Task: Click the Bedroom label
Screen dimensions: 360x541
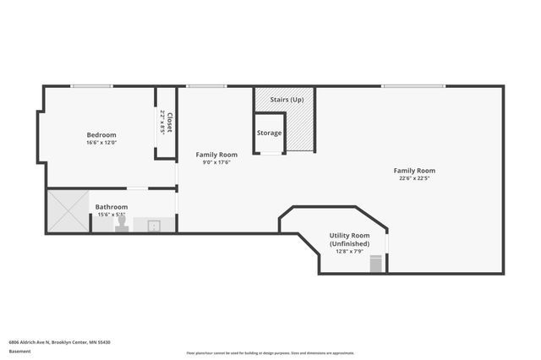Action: (101, 134)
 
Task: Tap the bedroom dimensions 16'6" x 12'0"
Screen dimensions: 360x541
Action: (101, 142)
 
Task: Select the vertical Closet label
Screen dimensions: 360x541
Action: (169, 123)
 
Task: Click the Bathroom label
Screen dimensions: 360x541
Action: (112, 207)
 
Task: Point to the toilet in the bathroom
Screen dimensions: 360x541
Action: (122, 226)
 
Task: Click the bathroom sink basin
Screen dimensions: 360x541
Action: (155, 226)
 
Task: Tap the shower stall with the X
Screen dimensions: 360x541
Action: (68, 211)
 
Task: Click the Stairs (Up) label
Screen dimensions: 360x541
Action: (287, 100)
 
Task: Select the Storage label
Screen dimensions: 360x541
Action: (270, 133)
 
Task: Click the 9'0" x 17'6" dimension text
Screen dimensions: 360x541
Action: (216, 162)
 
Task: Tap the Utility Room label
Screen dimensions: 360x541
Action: (349, 235)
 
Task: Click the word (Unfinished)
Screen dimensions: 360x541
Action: (349, 243)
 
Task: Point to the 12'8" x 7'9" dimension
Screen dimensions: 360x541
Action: (349, 251)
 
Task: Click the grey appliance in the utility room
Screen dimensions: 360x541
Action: (377, 265)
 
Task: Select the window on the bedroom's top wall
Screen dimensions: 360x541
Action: (91, 85)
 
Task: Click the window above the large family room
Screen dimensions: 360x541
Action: (413, 85)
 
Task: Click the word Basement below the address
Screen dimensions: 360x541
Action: (19, 351)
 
